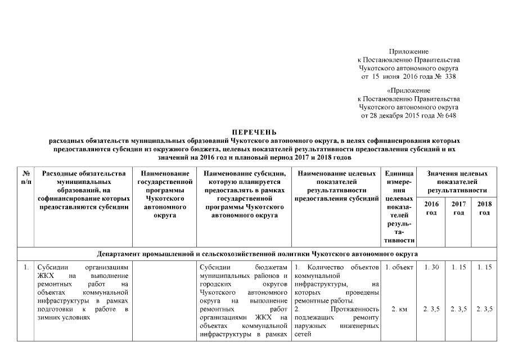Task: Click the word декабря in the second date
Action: click(394, 116)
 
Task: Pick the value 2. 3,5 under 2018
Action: click(484, 309)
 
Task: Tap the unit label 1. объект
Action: click(398, 267)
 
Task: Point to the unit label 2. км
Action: click(398, 309)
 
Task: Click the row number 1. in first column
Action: click(26, 267)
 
